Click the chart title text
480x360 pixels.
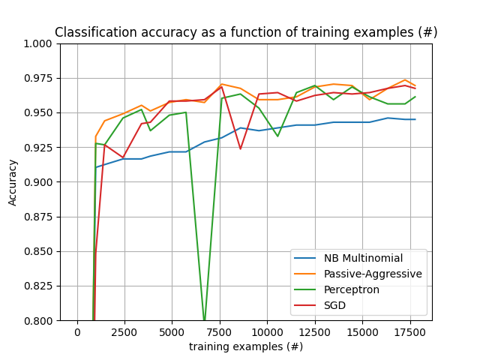click(x=246, y=33)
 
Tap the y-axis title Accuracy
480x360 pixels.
click(x=13, y=182)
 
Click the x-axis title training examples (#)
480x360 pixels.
click(x=246, y=346)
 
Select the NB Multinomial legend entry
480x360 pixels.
click(x=363, y=259)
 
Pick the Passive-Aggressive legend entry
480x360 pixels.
click(x=373, y=274)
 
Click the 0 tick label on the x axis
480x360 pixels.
click(x=77, y=332)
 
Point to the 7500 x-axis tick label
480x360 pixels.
click(x=220, y=332)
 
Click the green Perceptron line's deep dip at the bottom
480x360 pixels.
click(x=204, y=319)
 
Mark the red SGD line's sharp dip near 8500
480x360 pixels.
click(x=240, y=148)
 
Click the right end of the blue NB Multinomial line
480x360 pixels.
click(x=415, y=119)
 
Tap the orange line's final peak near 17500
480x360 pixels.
click(x=405, y=79)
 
